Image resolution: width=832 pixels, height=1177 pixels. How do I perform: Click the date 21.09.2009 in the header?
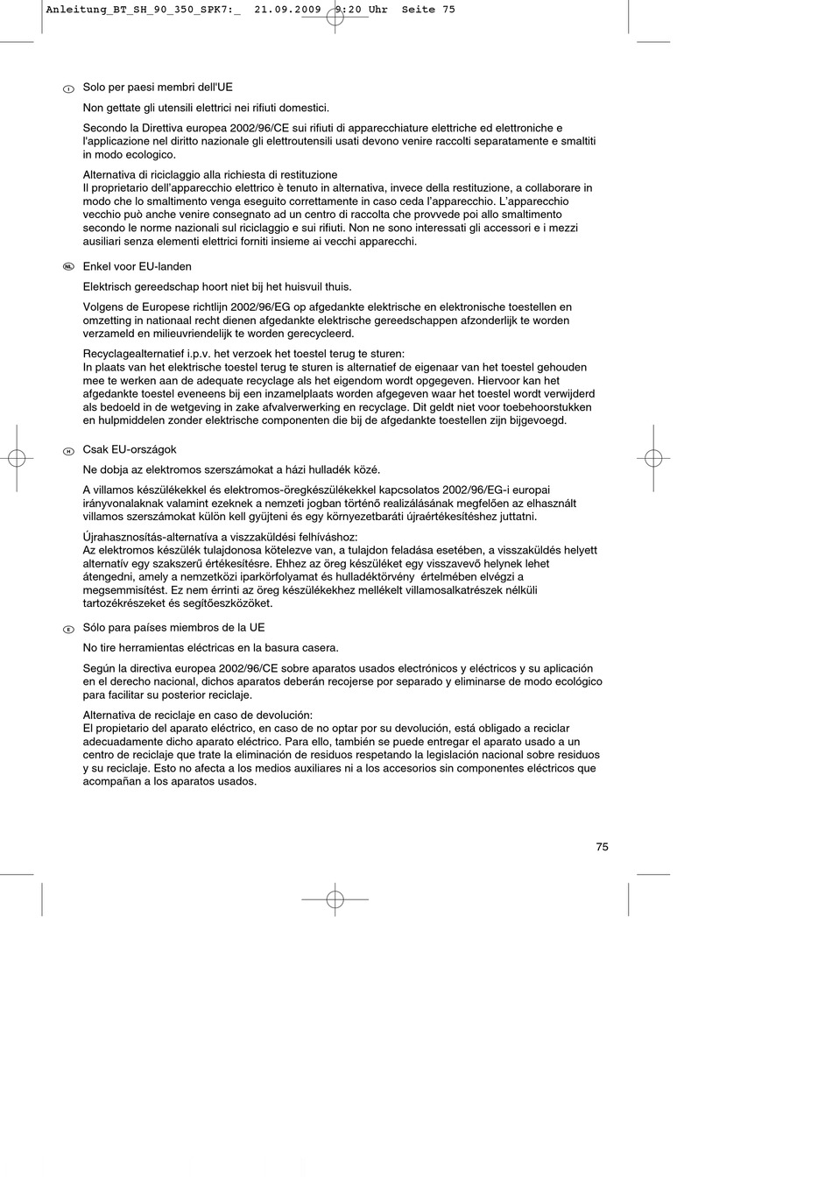[x=287, y=10]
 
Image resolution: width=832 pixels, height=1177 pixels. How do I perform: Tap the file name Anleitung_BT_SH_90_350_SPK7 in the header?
[x=137, y=10]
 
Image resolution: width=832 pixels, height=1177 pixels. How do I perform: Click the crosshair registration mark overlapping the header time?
[x=335, y=16]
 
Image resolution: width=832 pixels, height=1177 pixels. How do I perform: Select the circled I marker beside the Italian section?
[x=67, y=88]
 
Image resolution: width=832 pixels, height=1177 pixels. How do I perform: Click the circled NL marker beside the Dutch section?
[x=67, y=267]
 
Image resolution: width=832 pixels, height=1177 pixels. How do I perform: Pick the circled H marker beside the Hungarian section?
[x=67, y=451]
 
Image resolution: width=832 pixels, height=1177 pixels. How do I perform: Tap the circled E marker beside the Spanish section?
[x=67, y=629]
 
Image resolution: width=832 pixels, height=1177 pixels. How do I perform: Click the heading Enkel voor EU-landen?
[x=137, y=266]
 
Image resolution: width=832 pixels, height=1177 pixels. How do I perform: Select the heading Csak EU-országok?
[x=130, y=449]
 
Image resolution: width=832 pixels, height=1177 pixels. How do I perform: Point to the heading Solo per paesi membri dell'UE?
[x=158, y=87]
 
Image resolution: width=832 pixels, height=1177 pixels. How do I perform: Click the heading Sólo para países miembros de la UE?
[x=173, y=627]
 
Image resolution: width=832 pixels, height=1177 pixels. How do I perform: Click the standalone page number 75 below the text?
[x=602, y=847]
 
